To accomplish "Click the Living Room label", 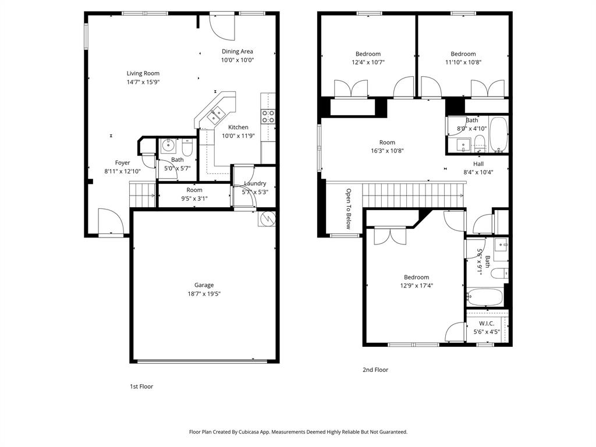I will point(143,73).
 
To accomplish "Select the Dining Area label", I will point(237,51).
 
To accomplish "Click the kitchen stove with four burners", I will point(268,116).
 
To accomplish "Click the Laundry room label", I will point(255,183).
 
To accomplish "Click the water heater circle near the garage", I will point(267,219).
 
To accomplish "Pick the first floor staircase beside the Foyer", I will point(143,194).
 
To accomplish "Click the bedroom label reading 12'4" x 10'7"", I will point(368,62).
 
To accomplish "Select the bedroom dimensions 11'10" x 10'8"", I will point(463,62).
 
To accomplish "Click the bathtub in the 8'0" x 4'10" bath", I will point(498,134).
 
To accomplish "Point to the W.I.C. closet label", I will point(487,324).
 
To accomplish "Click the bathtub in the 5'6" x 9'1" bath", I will point(485,296).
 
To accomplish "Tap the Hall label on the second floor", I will point(478,164).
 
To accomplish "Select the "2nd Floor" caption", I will point(375,370).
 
